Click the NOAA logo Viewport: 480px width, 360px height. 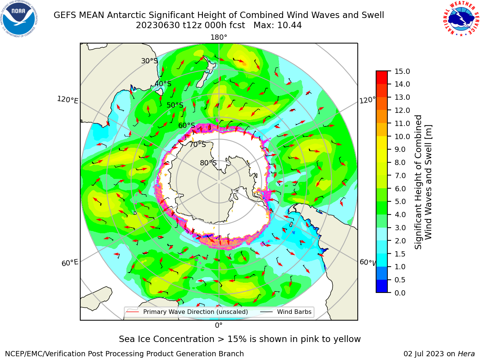pos(19,19)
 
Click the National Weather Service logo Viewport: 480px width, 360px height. pos(461,18)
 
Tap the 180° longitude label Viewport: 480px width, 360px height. pos(219,37)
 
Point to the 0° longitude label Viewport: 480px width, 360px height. pos(219,325)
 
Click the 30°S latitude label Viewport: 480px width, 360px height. pos(149,61)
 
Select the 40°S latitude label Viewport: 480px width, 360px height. pos(163,84)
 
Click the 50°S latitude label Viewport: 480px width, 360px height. pos(175,105)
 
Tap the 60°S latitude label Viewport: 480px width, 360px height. pos(186,125)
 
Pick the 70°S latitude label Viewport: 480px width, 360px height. pos(198,144)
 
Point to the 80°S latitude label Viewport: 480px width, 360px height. pos(208,163)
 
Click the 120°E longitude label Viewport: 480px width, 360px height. pos(67,100)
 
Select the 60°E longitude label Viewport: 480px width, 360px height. pos(70,263)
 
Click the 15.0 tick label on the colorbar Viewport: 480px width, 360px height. pos(402,72)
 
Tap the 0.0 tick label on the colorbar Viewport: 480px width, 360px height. pos(400,293)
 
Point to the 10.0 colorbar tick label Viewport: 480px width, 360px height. pos(402,136)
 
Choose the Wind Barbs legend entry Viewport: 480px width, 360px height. pos(286,312)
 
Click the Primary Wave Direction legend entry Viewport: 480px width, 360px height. pos(187,312)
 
